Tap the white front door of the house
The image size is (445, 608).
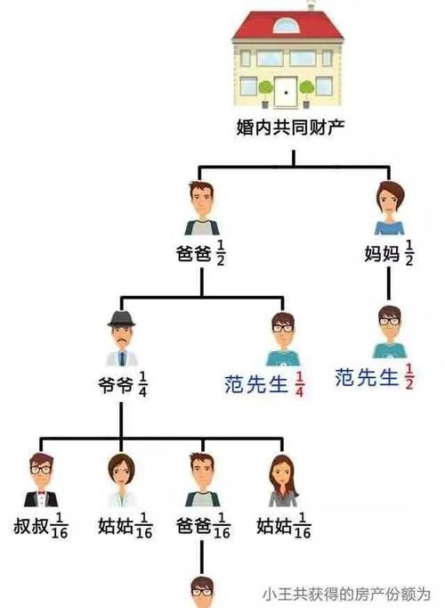[286, 93]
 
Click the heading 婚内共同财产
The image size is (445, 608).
[291, 127]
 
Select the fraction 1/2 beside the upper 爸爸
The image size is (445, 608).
[221, 253]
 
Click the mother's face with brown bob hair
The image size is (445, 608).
[390, 199]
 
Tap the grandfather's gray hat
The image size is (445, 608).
[122, 319]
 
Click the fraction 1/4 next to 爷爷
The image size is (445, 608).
[142, 384]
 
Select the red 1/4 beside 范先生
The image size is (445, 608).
[299, 384]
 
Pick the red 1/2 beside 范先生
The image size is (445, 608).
[409, 376]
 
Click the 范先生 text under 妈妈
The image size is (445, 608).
[367, 377]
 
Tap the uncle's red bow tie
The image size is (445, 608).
[41, 494]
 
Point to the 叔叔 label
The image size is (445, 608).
[31, 526]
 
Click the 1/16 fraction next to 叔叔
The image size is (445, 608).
[60, 526]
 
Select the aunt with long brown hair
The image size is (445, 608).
[283, 481]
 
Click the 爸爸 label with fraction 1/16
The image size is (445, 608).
[193, 526]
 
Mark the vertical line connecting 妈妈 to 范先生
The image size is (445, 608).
[389, 283]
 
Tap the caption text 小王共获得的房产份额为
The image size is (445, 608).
[347, 595]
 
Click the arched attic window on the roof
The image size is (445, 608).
[286, 25]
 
